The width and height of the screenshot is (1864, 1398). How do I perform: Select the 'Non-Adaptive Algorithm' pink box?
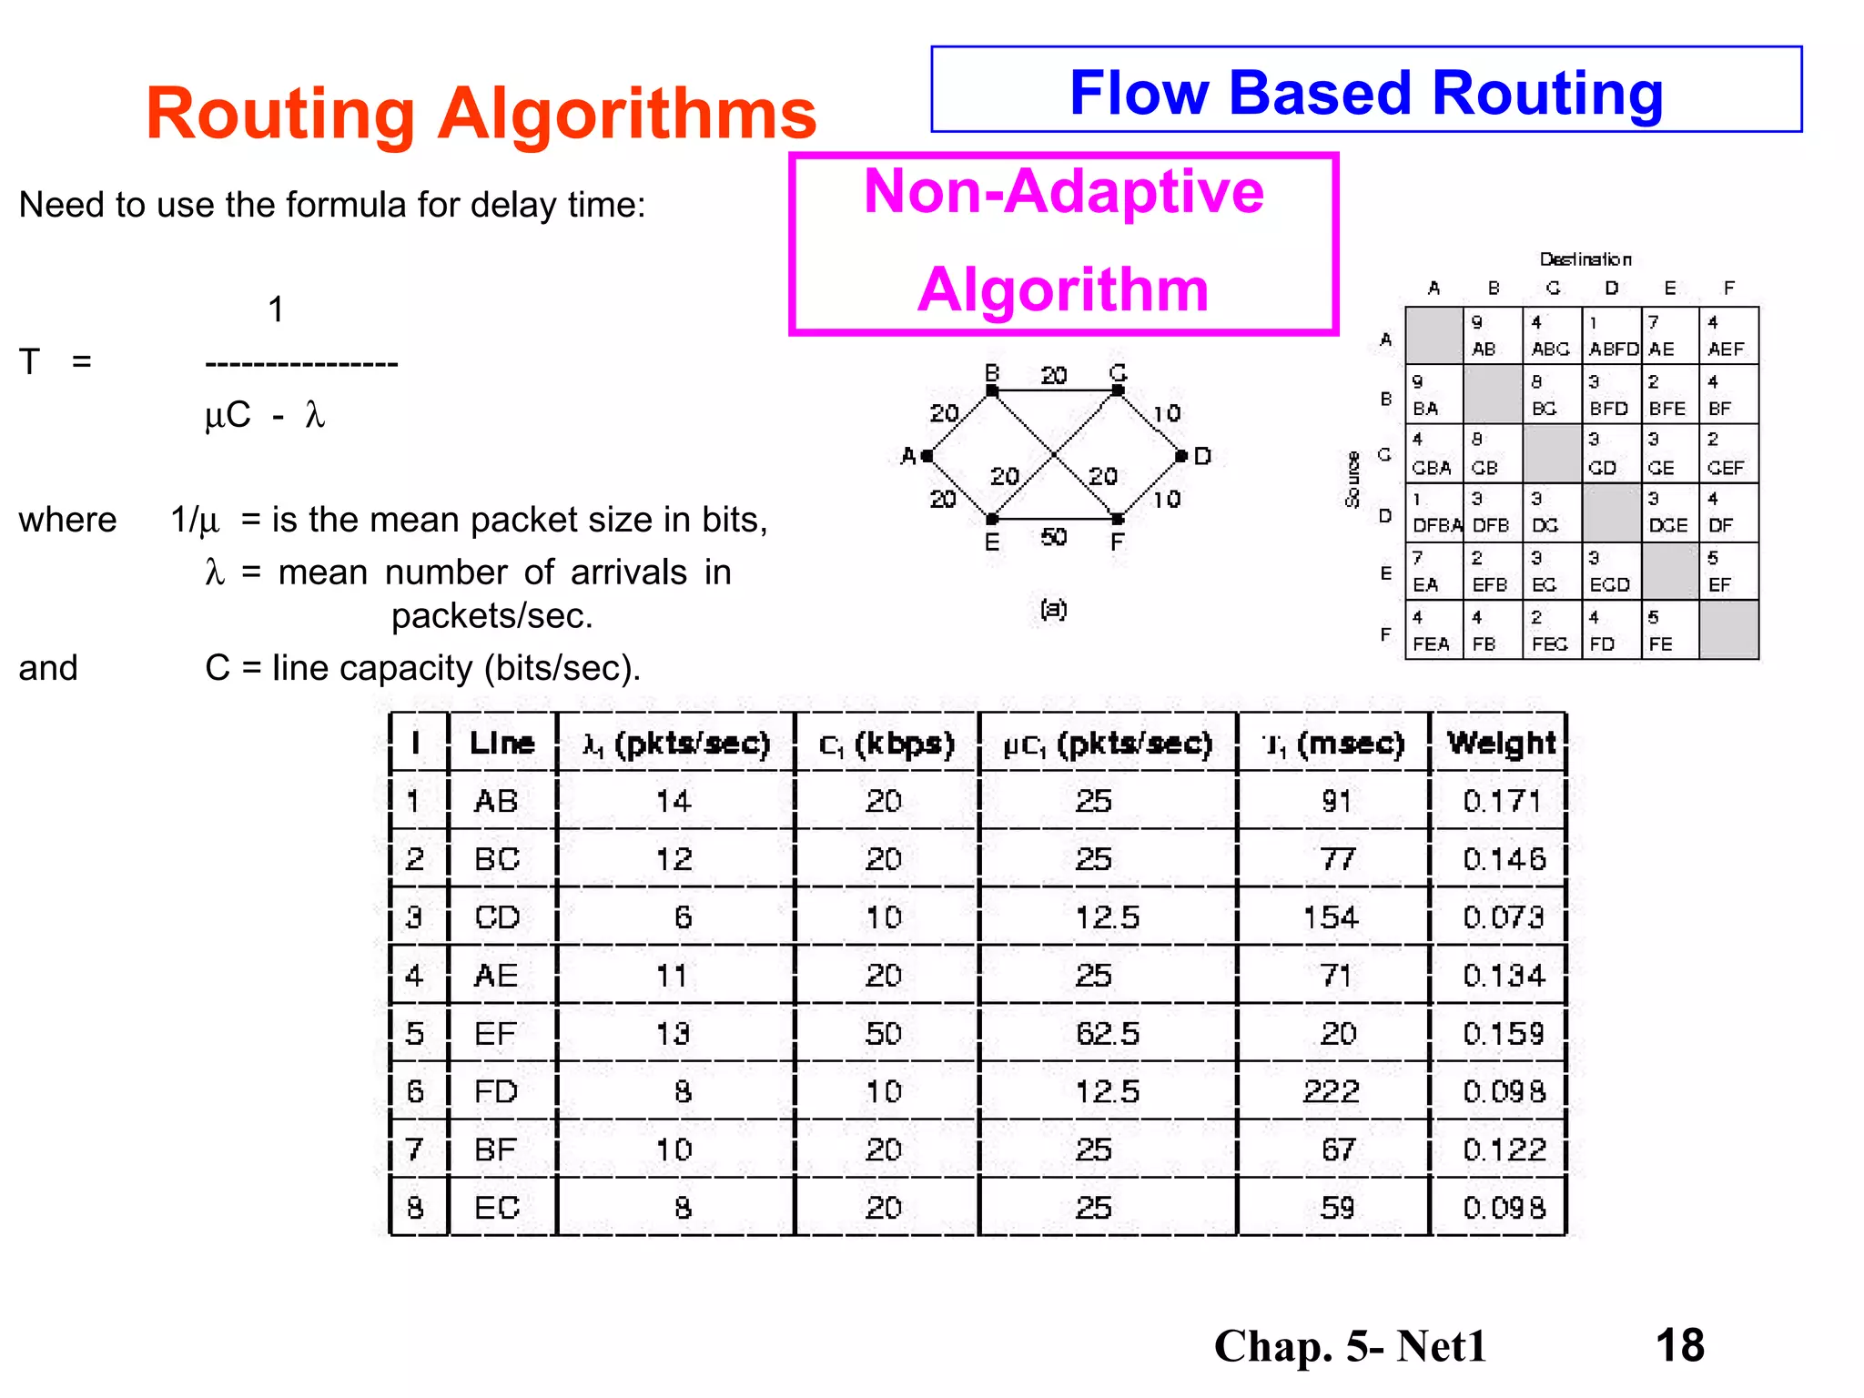1063,243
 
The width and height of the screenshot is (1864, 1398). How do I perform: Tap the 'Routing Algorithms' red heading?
481,114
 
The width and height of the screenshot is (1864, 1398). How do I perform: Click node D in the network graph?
1181,456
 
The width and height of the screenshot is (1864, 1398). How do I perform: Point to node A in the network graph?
927,456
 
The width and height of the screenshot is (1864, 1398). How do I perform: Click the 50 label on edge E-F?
1053,537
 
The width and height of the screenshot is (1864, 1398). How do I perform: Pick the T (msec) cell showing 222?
1331,1090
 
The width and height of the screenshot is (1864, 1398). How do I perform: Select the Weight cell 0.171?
1502,801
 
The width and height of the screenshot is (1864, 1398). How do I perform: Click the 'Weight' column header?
1502,744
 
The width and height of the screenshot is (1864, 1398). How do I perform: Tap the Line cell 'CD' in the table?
497,917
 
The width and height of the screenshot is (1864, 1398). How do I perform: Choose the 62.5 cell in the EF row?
1107,1033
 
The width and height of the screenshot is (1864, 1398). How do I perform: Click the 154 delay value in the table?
1331,917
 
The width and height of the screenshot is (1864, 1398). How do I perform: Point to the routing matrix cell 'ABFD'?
1613,349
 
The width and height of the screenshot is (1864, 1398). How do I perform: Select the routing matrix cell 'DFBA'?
1436,525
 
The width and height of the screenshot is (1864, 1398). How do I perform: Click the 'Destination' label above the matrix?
1585,259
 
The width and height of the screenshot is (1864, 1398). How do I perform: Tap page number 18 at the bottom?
1679,1344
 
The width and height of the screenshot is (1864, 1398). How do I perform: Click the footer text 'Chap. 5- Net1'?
1350,1345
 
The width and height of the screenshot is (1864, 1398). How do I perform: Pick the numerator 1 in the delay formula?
276,309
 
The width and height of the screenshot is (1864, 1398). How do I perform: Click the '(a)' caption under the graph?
1053,608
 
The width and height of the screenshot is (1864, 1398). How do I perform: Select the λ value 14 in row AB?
674,801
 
